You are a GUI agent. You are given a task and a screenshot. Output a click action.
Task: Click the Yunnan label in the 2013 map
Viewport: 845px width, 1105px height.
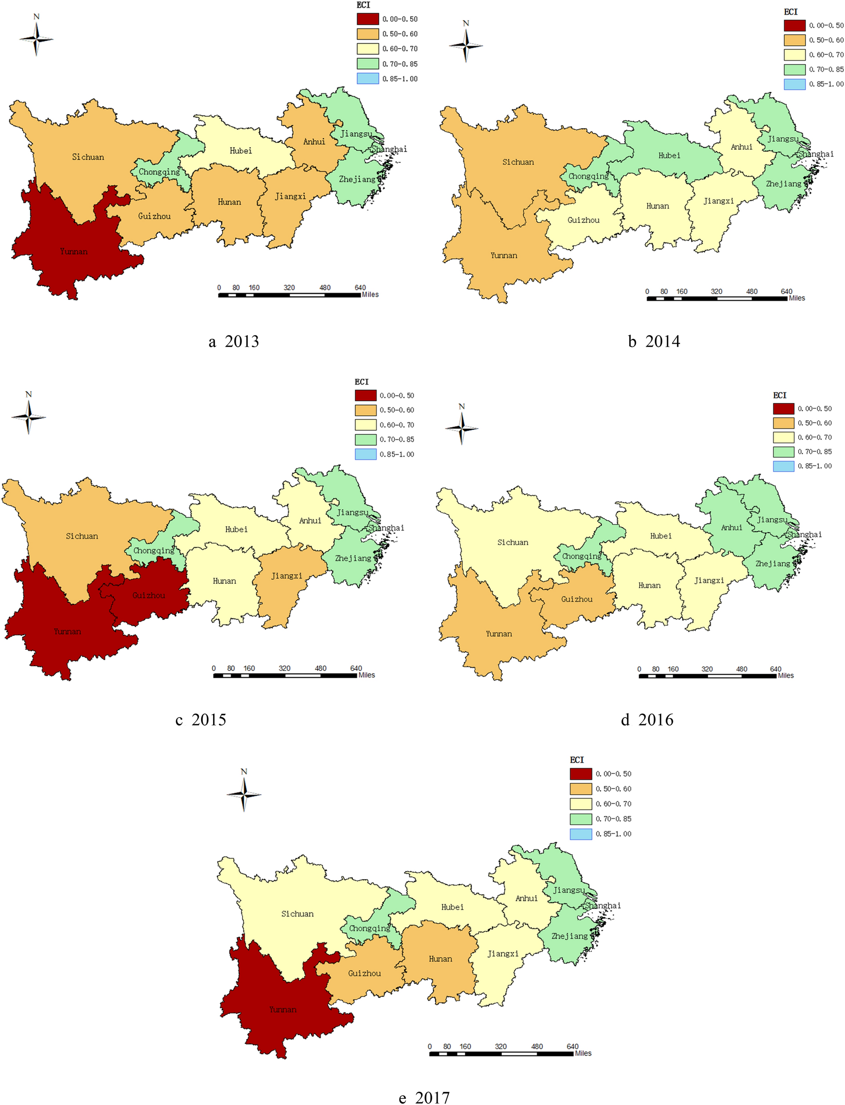pos(74,251)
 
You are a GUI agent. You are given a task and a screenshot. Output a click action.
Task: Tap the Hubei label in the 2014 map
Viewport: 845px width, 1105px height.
pos(669,156)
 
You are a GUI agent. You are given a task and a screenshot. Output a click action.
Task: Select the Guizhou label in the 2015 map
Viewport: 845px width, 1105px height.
pos(148,596)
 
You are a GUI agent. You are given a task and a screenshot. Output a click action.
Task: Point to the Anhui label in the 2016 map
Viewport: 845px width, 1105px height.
pos(731,528)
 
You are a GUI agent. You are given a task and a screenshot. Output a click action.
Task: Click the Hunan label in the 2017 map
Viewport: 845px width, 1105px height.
pos(440,959)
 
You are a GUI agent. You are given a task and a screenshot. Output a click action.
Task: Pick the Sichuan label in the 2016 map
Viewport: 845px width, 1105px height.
pos(513,542)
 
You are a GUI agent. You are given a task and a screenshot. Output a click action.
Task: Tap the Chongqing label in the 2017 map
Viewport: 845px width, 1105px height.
pos(370,928)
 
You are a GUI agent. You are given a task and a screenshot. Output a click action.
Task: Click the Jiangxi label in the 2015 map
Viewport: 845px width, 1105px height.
pos(287,576)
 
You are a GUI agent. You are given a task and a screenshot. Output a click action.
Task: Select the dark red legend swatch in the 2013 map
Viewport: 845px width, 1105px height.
pos(368,19)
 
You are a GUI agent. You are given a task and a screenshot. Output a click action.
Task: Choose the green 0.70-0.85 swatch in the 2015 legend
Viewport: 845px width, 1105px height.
pos(365,440)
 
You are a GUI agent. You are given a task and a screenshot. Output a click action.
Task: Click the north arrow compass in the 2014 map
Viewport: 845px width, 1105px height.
pos(466,45)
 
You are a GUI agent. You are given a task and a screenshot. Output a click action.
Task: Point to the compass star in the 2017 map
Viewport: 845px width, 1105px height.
pos(244,795)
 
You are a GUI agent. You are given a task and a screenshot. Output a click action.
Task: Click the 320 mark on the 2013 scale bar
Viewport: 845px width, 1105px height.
pos(289,288)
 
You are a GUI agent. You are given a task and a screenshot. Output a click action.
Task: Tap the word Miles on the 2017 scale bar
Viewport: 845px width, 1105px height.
pos(583,1053)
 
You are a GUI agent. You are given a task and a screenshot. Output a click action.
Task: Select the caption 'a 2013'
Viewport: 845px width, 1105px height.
pos(234,341)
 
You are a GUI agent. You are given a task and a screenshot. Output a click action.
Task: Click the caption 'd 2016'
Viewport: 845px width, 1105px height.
pos(647,720)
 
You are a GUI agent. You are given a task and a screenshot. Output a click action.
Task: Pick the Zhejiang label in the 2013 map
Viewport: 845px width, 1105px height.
pos(357,179)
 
